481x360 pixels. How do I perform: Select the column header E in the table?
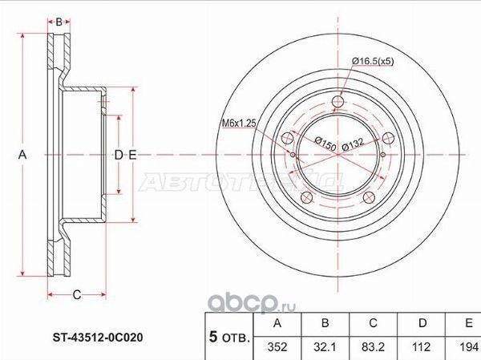(465, 325)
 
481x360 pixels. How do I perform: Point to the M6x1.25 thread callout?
(238, 123)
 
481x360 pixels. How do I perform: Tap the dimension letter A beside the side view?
(23, 155)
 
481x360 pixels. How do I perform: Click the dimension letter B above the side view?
(59, 22)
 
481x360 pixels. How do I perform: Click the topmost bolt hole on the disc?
(338, 102)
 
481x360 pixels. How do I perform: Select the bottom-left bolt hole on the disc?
(307, 199)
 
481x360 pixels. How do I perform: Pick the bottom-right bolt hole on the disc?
(369, 198)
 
